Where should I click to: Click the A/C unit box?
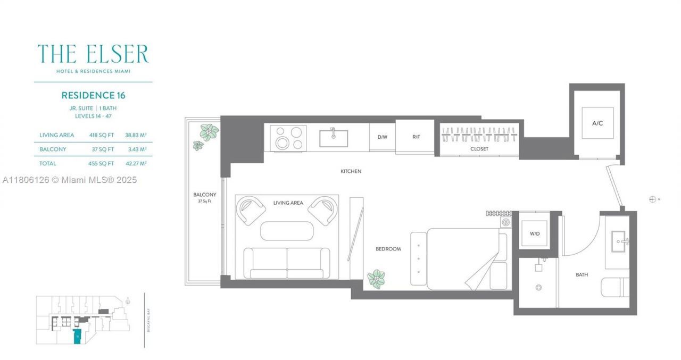[x=597, y=123]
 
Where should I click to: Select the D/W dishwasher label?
[x=382, y=137]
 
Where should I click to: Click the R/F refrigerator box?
[x=416, y=137]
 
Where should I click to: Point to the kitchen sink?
[x=334, y=138]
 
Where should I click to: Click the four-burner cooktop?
[x=288, y=137]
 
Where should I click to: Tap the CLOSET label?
[x=479, y=149]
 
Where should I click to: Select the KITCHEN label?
[x=351, y=171]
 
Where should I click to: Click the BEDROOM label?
[x=388, y=249]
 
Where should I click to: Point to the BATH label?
[x=582, y=275]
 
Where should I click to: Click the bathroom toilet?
[x=615, y=288]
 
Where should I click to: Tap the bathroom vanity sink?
[x=619, y=241]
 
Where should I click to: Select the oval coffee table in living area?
[x=287, y=231]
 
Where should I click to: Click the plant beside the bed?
[x=377, y=279]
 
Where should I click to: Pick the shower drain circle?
[x=538, y=288]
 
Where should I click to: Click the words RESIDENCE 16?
[x=93, y=96]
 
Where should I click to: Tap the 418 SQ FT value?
[x=101, y=135]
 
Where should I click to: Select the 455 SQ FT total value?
[x=101, y=163]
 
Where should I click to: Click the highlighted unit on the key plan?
[x=78, y=337]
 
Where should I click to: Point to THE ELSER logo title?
[x=93, y=54]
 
